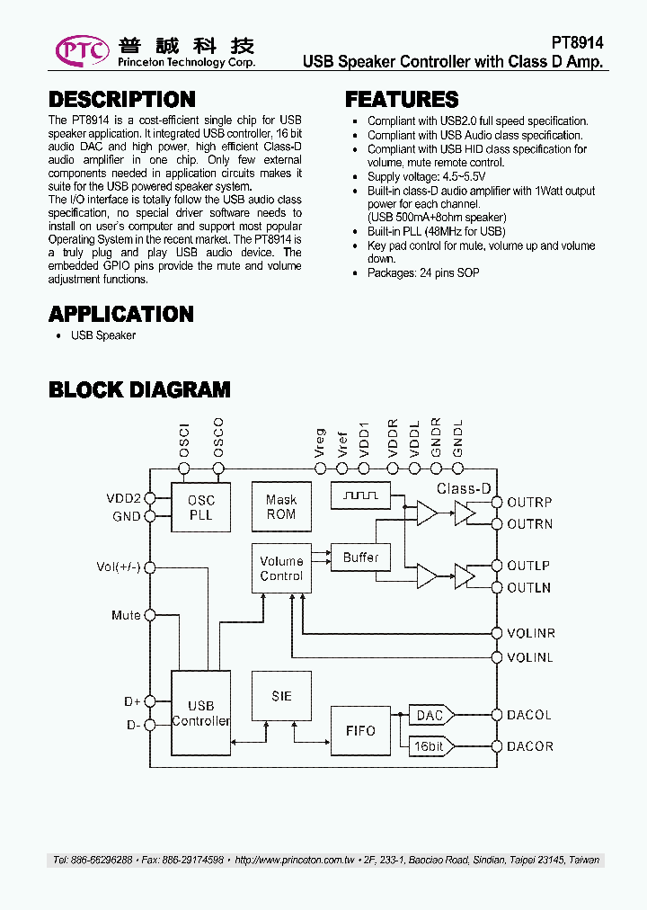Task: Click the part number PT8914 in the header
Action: (x=577, y=42)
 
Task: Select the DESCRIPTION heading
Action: (x=121, y=100)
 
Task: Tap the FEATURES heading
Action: (x=402, y=100)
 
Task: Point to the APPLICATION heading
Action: (x=121, y=314)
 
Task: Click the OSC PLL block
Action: (x=200, y=507)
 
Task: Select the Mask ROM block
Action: (x=281, y=507)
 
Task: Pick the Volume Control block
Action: (x=281, y=568)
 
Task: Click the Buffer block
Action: (x=360, y=558)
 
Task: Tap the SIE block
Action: (x=281, y=696)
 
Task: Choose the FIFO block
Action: (x=360, y=730)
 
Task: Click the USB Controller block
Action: (x=200, y=714)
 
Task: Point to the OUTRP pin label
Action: (x=529, y=503)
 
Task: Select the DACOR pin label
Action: (x=529, y=746)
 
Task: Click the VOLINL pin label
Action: (x=529, y=657)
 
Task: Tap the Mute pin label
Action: (x=126, y=615)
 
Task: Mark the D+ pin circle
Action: (x=149, y=701)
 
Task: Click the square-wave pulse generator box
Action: (x=360, y=494)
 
